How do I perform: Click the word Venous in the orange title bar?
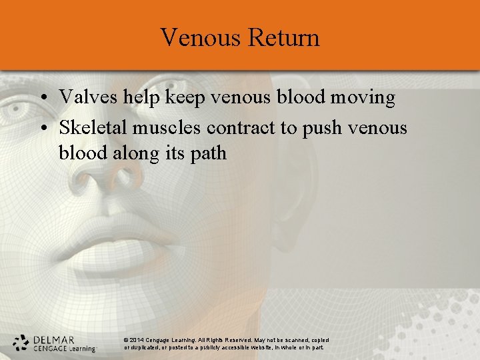201,37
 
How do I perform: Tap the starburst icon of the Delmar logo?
21,343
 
